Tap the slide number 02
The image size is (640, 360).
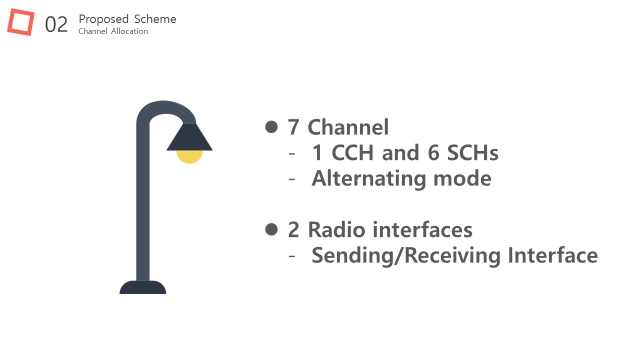pyautogui.click(x=56, y=24)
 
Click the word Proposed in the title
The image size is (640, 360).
pyautogui.click(x=103, y=19)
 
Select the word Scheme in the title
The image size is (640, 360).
pyautogui.click(x=155, y=19)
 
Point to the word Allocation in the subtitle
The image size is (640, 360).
pyautogui.click(x=129, y=31)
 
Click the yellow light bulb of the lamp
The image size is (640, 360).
pyautogui.click(x=189, y=157)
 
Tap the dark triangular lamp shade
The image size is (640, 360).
pyautogui.click(x=189, y=137)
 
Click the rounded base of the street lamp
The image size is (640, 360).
pyautogui.click(x=143, y=287)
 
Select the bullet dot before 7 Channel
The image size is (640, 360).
pyautogui.click(x=271, y=127)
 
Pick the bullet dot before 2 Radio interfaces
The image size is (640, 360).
pyautogui.click(x=271, y=229)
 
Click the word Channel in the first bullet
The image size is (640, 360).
pyautogui.click(x=348, y=127)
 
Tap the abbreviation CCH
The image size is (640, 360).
pyautogui.click(x=352, y=152)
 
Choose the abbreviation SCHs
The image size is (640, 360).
pyautogui.click(x=472, y=152)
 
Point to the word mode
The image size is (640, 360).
pyautogui.click(x=462, y=179)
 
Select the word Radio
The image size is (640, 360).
pyautogui.click(x=337, y=229)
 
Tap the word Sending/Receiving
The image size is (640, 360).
pyautogui.click(x=406, y=255)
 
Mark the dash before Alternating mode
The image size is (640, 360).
pyautogui.click(x=291, y=179)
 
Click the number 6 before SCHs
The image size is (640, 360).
pyautogui.click(x=433, y=152)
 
